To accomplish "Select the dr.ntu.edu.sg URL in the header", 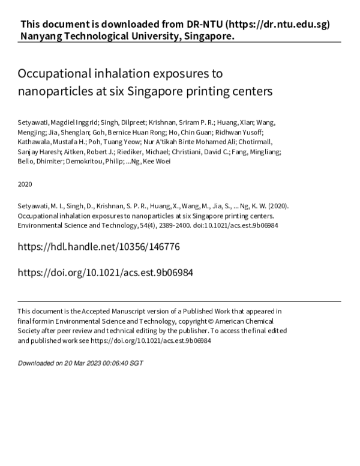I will coord(278,25).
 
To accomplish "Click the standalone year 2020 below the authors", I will coord(25,184).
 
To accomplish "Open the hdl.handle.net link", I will coord(99,247).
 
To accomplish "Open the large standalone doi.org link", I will coord(106,272).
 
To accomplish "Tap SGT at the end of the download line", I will coord(137,363).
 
